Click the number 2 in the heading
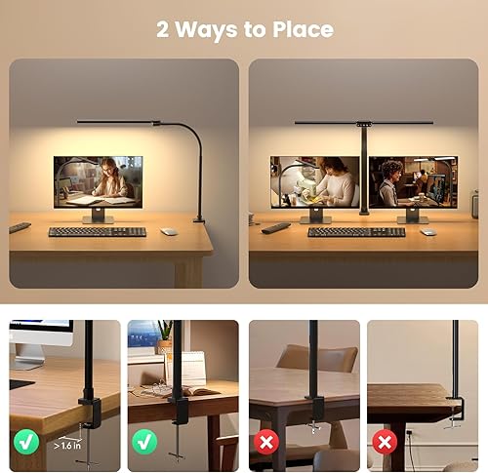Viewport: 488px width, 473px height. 164,29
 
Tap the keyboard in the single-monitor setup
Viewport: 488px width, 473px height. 97,231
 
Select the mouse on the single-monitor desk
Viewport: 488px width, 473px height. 169,231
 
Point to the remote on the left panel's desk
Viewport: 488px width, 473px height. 20,227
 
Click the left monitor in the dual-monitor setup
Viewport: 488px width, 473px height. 314,181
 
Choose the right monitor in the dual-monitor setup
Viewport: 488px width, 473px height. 412,181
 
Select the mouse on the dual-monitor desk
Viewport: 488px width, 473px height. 427,231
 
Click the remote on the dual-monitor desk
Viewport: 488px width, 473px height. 275,227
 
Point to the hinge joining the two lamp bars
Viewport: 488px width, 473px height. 364,123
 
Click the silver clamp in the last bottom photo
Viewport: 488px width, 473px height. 454,419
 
